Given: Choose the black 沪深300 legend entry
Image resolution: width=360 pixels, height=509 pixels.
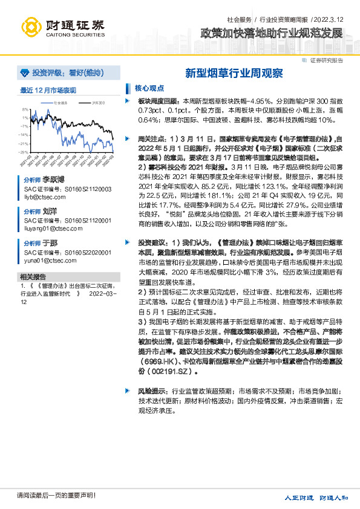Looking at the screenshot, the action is (x=95, y=103).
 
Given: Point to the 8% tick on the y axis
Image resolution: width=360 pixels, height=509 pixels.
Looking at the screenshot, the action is (x=25, y=110).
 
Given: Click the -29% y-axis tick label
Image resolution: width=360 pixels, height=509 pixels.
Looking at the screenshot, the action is (x=24, y=152).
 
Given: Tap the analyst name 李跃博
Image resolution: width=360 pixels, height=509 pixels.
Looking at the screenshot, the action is (x=53, y=181).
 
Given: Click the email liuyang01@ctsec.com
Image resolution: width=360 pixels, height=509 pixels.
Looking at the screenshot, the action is (x=50, y=229).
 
